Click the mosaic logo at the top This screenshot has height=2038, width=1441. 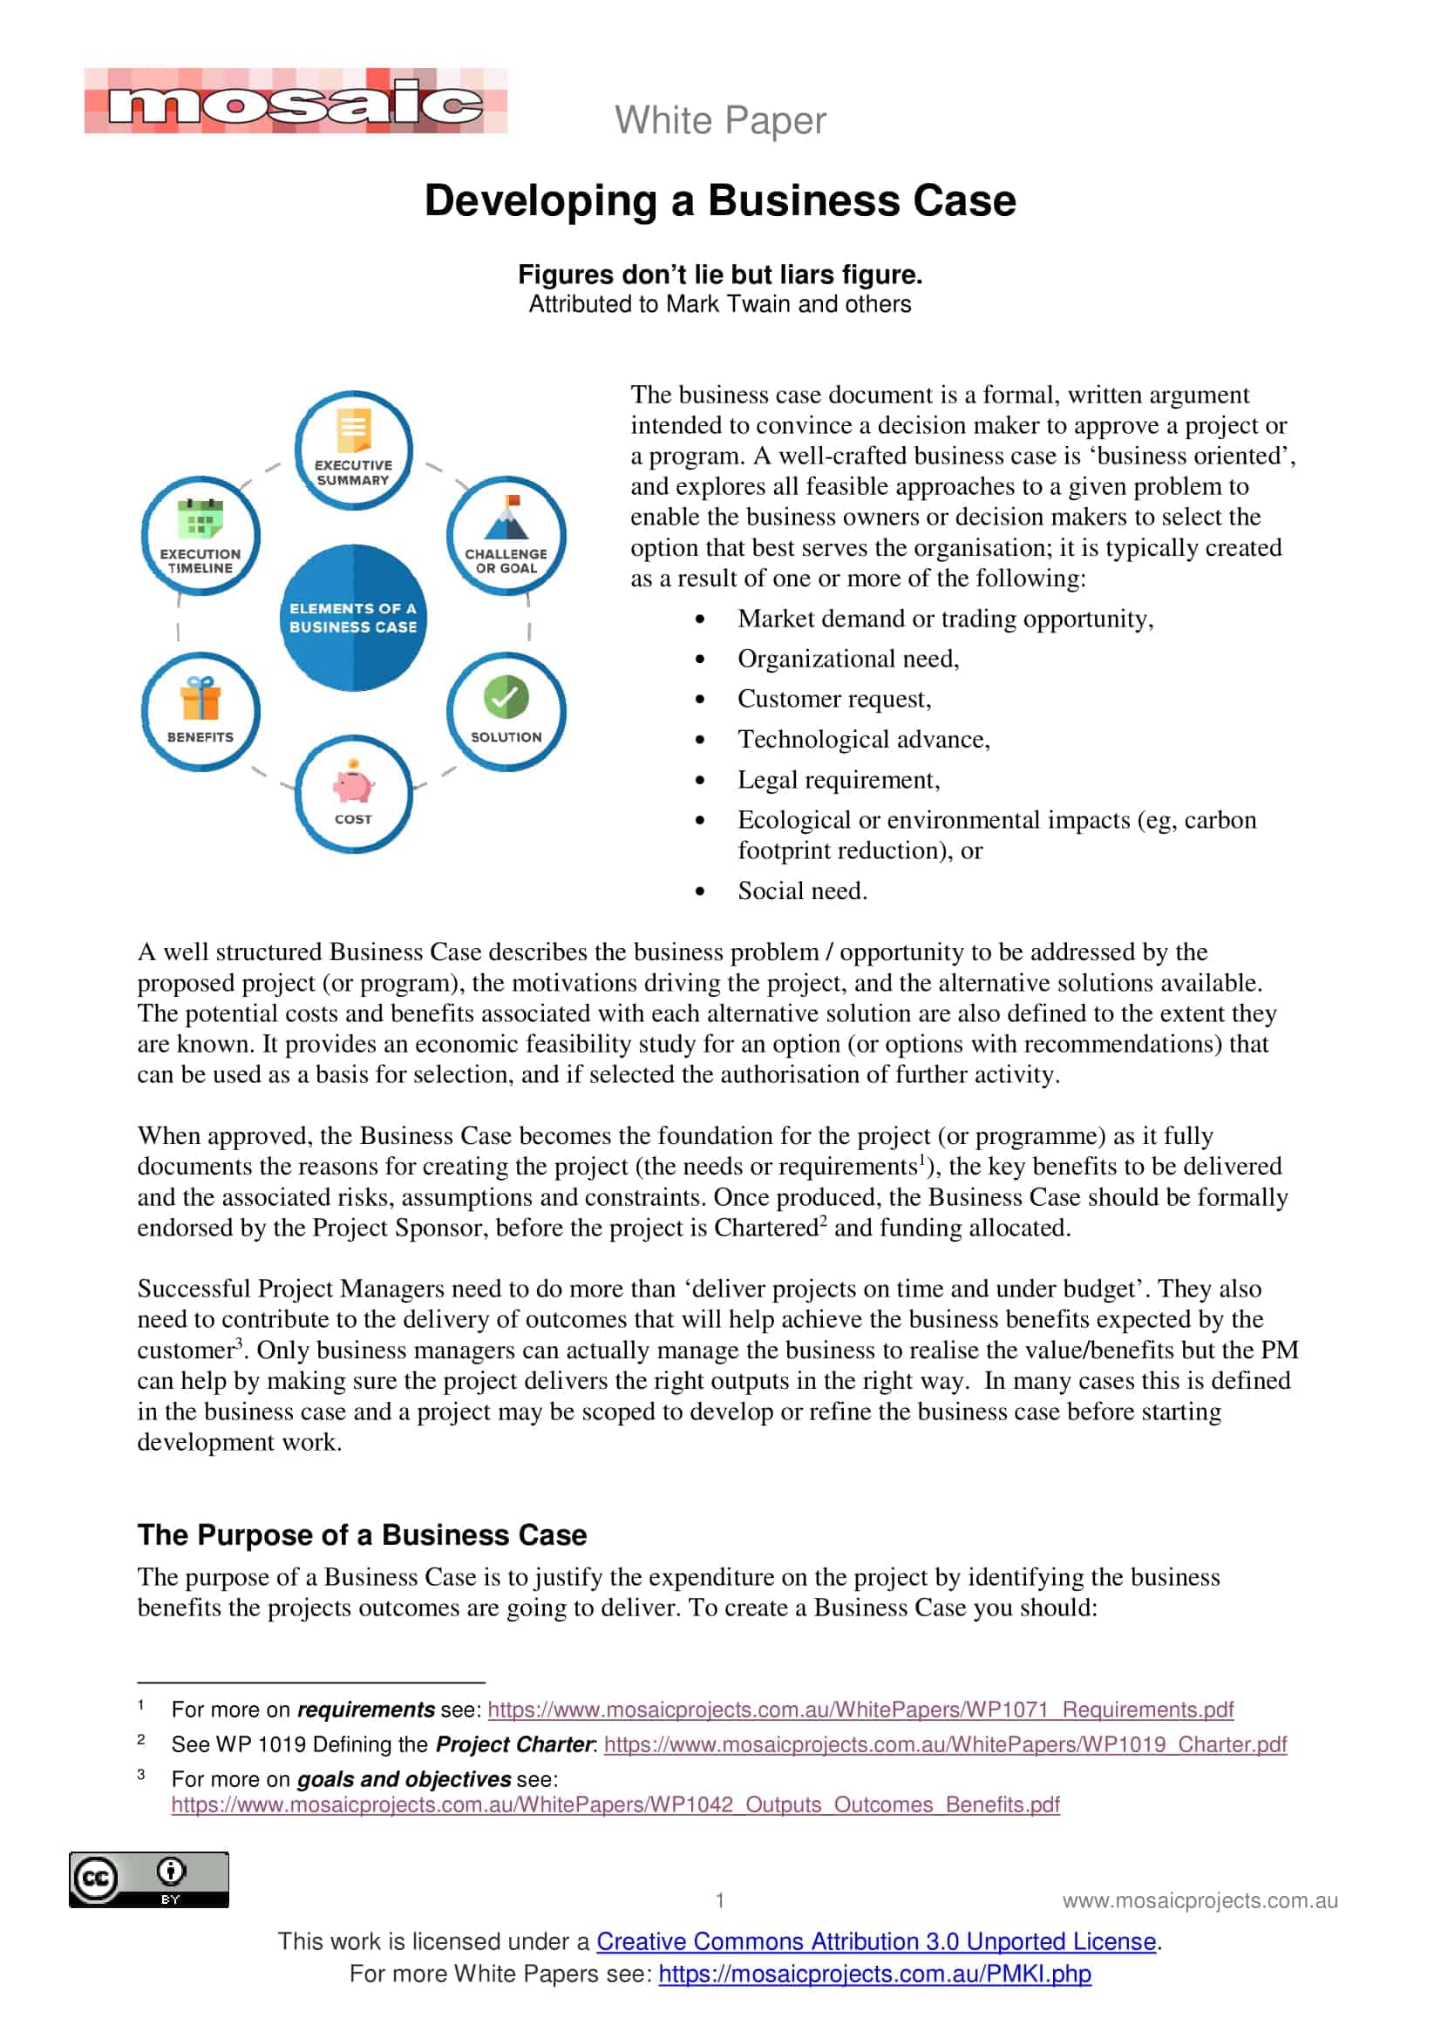click(x=296, y=102)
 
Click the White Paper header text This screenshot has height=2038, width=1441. click(x=720, y=121)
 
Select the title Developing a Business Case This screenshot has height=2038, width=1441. click(x=720, y=200)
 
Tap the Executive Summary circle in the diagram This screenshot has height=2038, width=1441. click(x=353, y=451)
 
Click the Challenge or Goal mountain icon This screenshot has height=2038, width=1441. click(x=507, y=519)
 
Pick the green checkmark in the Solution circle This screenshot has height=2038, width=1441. click(x=506, y=697)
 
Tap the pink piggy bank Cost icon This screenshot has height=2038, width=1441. click(x=352, y=783)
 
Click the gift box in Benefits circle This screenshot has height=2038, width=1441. click(x=201, y=699)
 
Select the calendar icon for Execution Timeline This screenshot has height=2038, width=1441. click(x=201, y=518)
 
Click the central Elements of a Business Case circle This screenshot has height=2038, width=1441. click(x=353, y=618)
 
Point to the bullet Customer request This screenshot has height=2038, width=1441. click(x=833, y=700)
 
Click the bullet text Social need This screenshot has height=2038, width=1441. click(x=802, y=891)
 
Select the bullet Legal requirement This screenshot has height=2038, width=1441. click(x=838, y=780)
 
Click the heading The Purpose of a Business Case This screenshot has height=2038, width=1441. click(x=363, y=1534)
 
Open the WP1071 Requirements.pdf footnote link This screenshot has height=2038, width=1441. click(x=860, y=1710)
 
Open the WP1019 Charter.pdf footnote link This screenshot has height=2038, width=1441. click(x=945, y=1744)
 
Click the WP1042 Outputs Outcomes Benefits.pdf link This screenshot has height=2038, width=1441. click(x=615, y=1804)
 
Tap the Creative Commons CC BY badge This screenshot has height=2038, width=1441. click(x=149, y=1879)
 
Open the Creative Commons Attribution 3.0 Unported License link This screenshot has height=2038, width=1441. click(x=875, y=1941)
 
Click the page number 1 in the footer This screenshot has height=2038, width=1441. click(x=720, y=1900)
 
